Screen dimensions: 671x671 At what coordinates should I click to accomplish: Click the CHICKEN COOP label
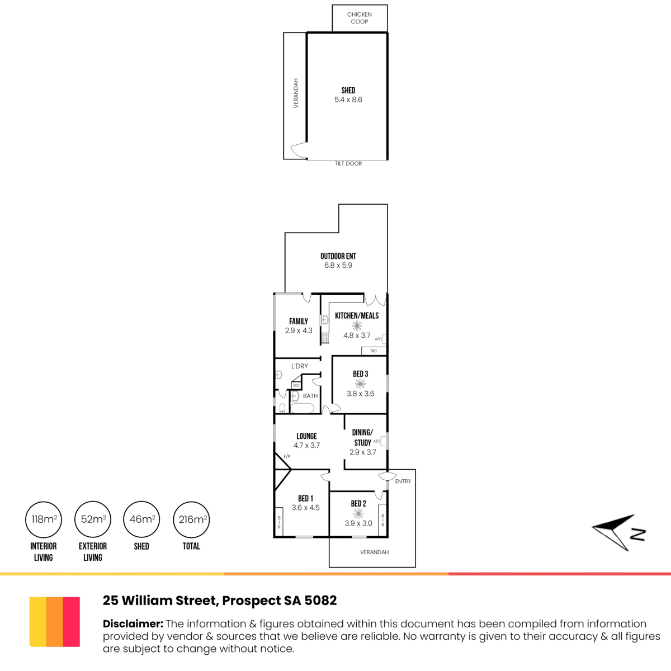(360, 18)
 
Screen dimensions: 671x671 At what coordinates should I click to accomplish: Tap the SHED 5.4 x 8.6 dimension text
(348, 100)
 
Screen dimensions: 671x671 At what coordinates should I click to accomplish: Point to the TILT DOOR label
(348, 164)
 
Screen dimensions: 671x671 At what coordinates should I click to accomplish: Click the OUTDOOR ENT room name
(338, 256)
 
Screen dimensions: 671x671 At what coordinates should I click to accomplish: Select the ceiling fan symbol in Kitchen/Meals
(357, 326)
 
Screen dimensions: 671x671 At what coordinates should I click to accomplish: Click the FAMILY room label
(299, 322)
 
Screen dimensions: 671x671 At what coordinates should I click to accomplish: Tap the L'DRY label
(300, 366)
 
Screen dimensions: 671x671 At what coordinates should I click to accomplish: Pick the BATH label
(310, 396)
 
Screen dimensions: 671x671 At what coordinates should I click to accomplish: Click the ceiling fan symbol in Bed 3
(361, 384)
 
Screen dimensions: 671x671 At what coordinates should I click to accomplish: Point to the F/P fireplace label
(287, 456)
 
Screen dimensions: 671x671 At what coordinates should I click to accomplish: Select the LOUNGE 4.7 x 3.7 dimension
(306, 445)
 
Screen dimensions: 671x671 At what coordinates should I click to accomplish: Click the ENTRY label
(403, 481)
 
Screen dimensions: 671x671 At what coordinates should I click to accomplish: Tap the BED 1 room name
(305, 498)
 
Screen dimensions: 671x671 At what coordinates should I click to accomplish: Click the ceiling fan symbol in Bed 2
(358, 513)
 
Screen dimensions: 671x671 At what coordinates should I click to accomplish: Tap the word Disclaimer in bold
(133, 623)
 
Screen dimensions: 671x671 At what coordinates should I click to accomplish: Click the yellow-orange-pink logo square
(55, 622)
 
